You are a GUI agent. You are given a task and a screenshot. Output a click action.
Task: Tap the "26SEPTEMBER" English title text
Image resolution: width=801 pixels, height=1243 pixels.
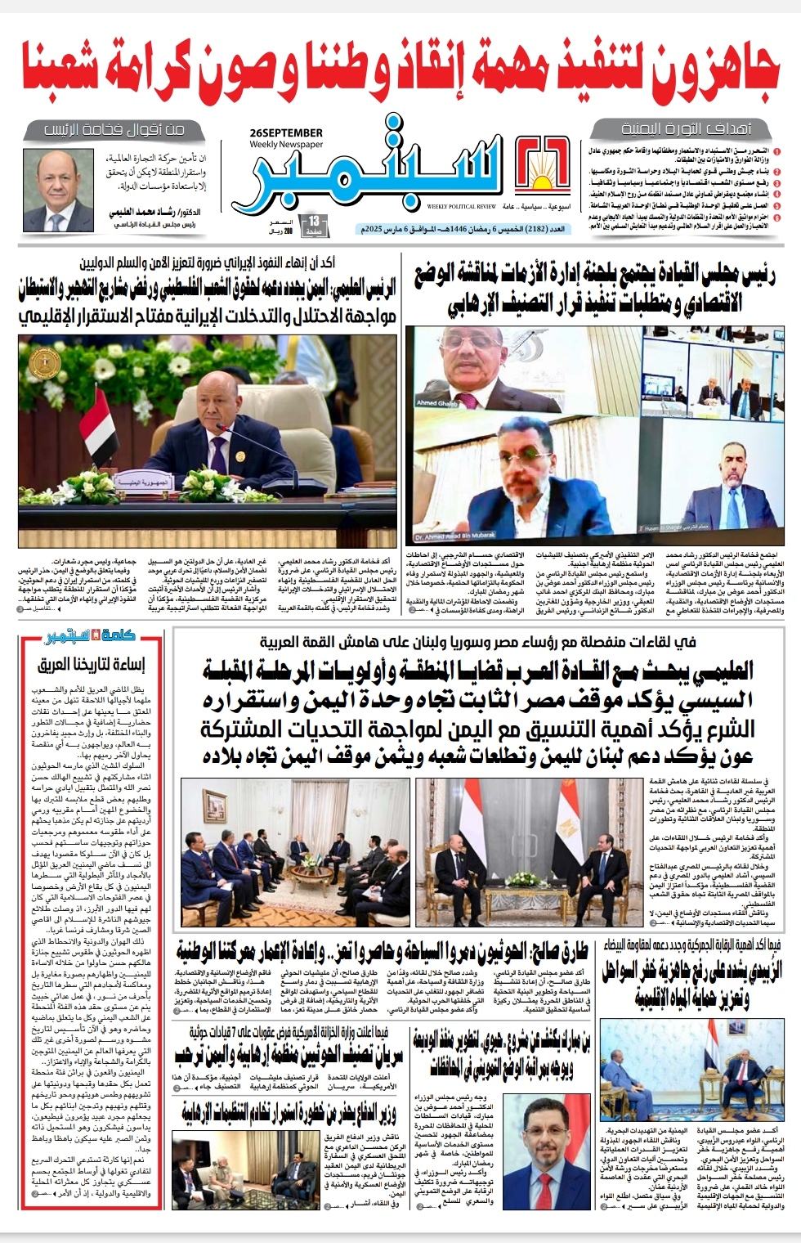[286, 132]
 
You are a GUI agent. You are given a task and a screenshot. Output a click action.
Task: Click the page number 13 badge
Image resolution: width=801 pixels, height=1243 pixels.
[314, 222]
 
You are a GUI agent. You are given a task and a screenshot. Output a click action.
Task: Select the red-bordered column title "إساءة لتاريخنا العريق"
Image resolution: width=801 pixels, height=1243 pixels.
[92, 664]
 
